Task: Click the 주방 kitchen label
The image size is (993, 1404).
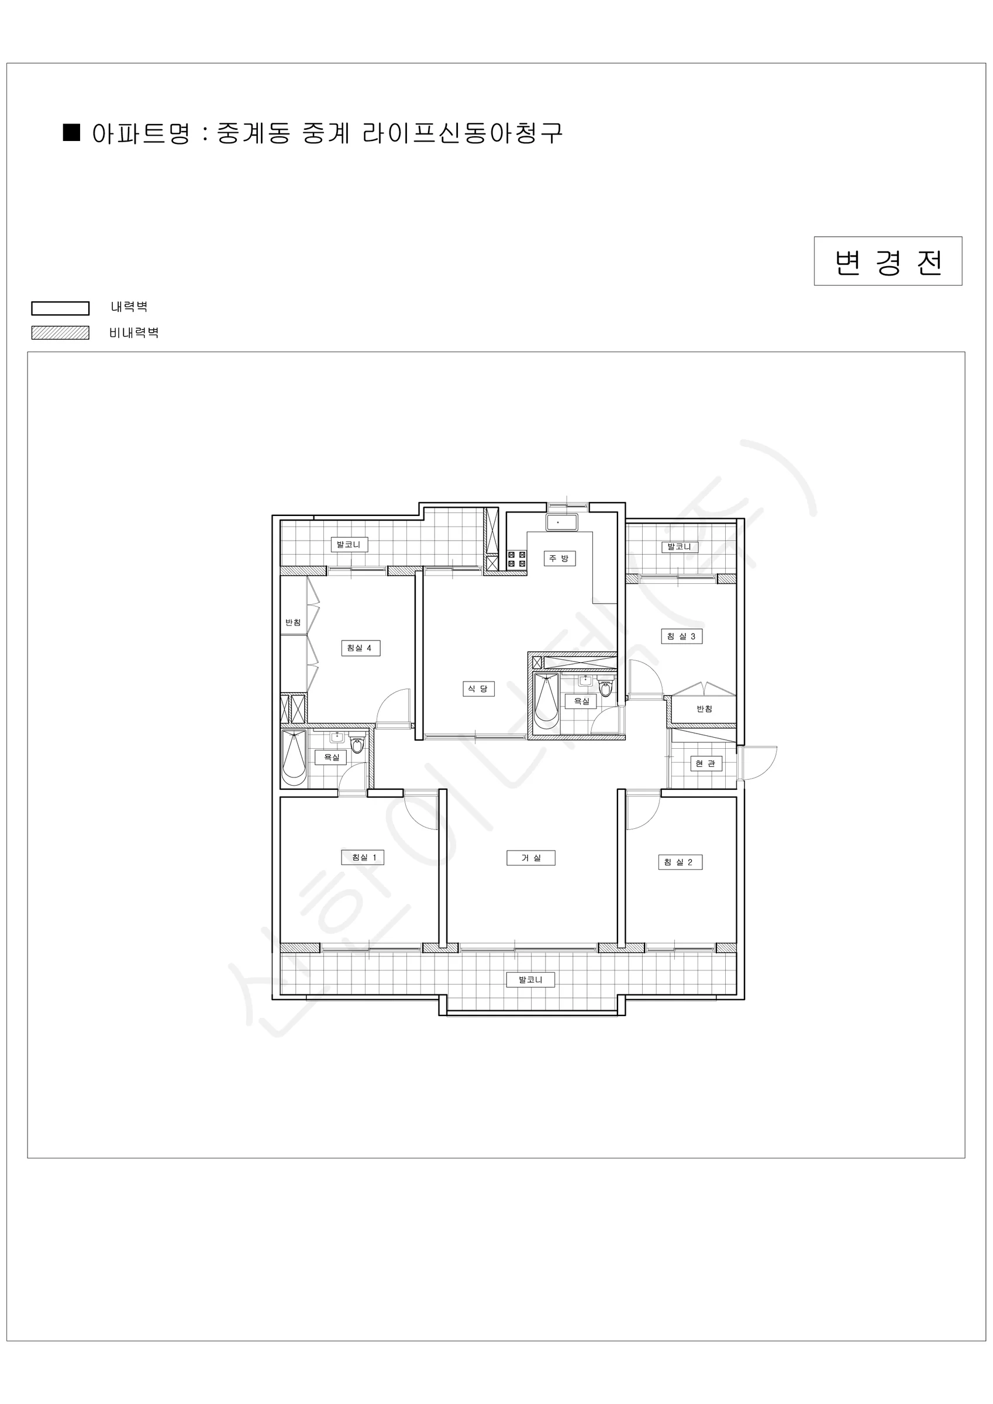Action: click(x=559, y=558)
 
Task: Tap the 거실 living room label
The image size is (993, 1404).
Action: click(x=531, y=858)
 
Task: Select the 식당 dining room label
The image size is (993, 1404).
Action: click(x=478, y=689)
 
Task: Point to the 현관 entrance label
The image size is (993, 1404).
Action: click(x=706, y=763)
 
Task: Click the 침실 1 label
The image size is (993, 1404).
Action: click(x=364, y=858)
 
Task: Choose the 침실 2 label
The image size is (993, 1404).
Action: click(x=680, y=862)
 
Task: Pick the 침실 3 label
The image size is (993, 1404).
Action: click(x=681, y=636)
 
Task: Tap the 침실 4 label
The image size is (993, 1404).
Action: click(x=360, y=648)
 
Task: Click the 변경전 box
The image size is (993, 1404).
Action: click(x=888, y=261)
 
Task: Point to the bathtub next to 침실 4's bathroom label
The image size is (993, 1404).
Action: click(x=294, y=757)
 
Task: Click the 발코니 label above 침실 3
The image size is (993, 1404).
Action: click(x=679, y=546)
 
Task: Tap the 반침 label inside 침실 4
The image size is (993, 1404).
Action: click(x=293, y=622)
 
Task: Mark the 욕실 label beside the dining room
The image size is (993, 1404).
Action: click(x=581, y=701)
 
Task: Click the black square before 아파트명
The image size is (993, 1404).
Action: click(x=72, y=133)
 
